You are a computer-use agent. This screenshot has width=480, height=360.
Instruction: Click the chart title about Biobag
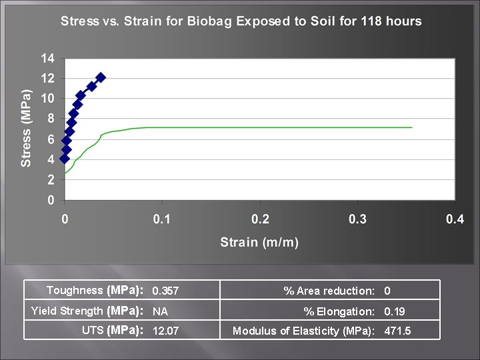tap(241, 21)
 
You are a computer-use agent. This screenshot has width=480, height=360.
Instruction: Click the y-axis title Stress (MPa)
tap(26, 127)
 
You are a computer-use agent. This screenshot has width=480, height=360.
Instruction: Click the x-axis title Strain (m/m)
tap(259, 241)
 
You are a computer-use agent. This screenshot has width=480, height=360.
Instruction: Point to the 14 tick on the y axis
tap(47, 58)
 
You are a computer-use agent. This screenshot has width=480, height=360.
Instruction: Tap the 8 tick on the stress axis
tap(51, 119)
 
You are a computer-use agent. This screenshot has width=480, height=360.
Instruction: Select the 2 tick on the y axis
tap(51, 179)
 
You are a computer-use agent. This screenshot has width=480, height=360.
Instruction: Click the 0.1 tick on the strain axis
tap(162, 219)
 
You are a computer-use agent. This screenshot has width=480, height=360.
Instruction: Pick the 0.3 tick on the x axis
tap(357, 219)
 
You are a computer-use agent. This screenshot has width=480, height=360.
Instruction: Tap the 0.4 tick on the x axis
tap(455, 219)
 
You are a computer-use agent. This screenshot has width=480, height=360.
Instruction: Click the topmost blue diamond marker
tap(101, 78)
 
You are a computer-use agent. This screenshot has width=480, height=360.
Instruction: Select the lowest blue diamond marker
tap(65, 159)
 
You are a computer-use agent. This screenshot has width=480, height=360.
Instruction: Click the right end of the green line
tap(411, 127)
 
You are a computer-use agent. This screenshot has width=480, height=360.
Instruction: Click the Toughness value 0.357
tap(165, 291)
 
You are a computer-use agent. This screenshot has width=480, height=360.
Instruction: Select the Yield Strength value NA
tap(160, 311)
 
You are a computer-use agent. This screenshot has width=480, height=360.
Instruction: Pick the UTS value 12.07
tap(165, 331)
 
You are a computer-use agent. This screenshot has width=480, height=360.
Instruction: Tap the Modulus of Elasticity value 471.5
tap(397, 331)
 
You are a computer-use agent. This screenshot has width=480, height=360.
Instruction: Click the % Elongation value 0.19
tap(394, 311)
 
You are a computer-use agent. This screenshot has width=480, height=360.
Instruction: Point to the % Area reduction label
tap(329, 291)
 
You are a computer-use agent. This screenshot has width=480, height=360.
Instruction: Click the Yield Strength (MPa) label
tap(87, 311)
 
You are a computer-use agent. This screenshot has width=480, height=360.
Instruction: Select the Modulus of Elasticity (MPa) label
tap(303, 331)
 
